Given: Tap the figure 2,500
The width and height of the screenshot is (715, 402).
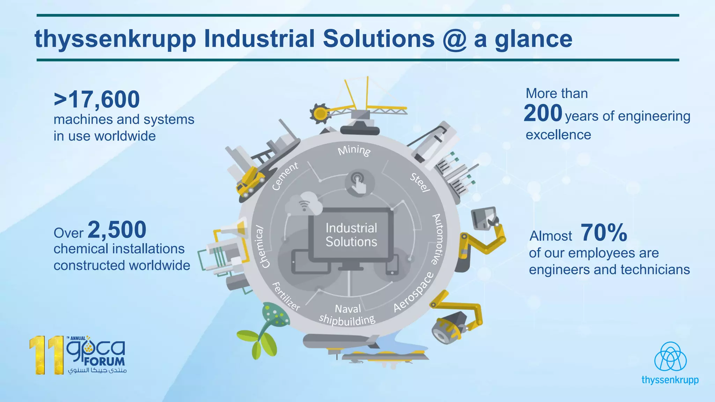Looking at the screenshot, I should (117, 230).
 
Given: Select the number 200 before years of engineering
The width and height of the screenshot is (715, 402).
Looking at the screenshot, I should (543, 113).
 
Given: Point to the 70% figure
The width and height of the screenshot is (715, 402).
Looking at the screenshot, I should (604, 233).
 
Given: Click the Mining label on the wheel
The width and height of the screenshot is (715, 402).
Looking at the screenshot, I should (354, 150).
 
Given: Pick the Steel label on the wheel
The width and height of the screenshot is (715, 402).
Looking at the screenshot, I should (420, 182).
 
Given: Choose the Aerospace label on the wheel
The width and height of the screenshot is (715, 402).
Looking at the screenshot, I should (414, 292).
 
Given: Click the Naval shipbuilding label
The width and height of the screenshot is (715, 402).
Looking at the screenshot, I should (347, 315).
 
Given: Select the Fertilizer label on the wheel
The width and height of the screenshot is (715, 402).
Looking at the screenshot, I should (286, 297).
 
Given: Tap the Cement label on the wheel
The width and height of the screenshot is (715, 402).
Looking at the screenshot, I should (285, 176).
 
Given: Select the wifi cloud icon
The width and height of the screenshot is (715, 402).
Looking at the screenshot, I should (304, 204).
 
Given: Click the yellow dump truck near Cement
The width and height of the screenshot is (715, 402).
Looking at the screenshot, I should (250, 181).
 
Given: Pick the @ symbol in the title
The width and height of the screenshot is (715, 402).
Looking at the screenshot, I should (454, 39).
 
